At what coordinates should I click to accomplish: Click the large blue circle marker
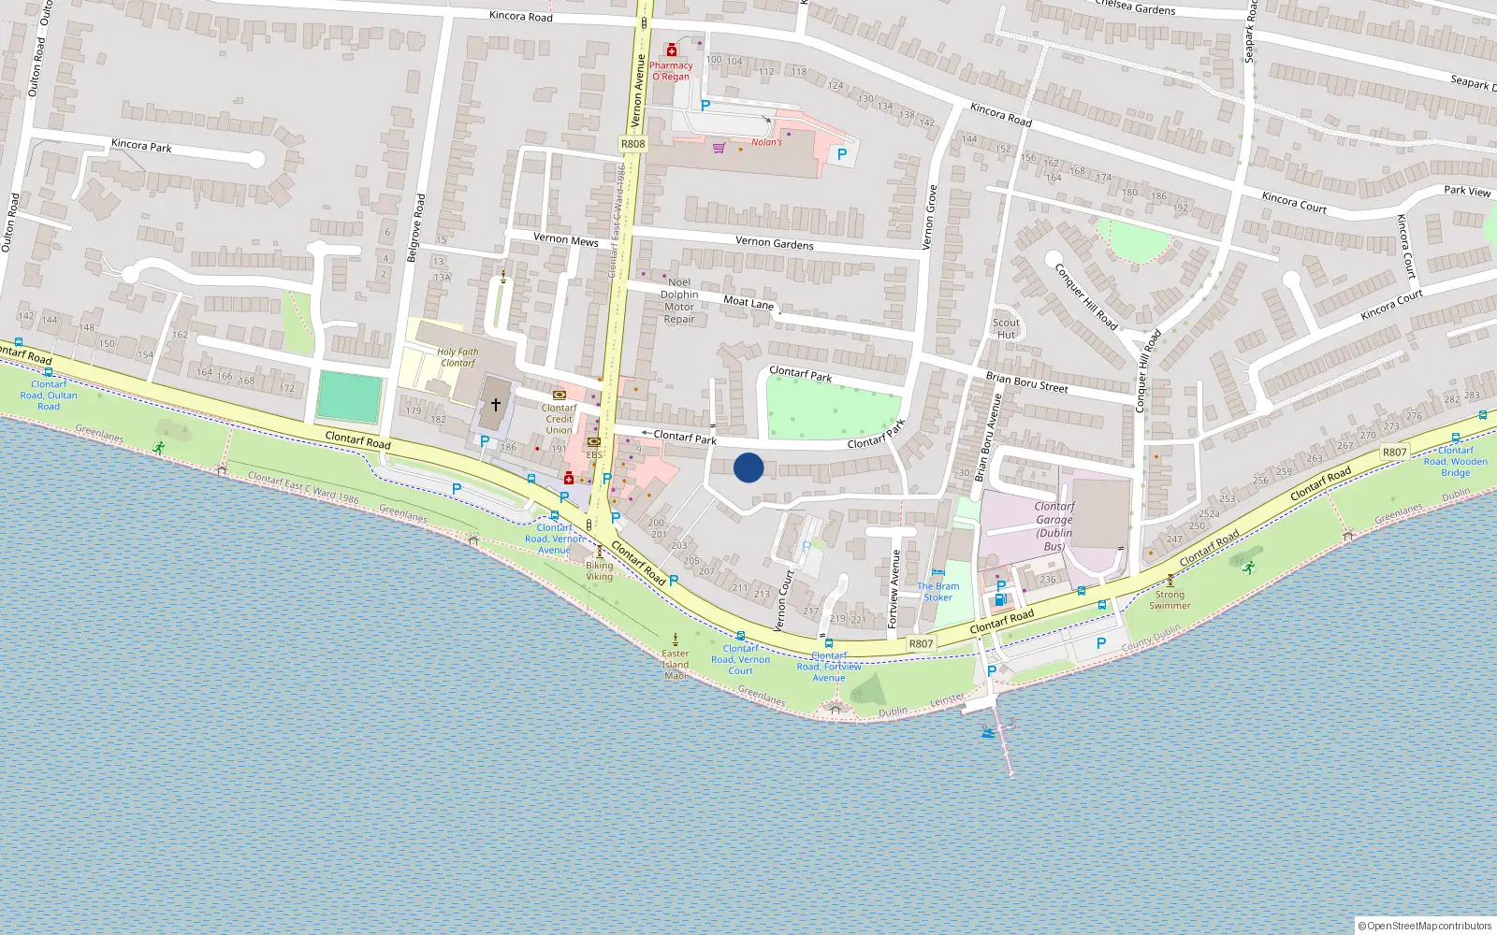coord(748,467)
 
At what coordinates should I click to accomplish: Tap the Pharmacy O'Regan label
coord(671,71)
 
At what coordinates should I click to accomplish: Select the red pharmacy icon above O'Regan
coord(671,50)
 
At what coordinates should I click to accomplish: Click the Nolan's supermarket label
coord(766,142)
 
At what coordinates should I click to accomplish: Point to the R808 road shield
coord(633,144)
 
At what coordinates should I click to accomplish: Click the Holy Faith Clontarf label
coord(458,357)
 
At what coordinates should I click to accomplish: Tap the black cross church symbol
coord(496,405)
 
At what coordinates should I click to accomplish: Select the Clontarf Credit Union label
coord(559,419)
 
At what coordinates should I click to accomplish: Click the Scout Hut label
coord(1006,328)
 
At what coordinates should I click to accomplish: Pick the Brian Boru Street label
coord(1026,382)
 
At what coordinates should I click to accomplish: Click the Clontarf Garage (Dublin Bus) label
coord(1054,525)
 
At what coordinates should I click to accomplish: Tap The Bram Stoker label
coord(937,592)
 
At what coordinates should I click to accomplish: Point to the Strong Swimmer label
coord(1170,599)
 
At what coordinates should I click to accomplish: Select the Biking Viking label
coord(600,570)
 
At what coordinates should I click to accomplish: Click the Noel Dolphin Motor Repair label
coord(679,300)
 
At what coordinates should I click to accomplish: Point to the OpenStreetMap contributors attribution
coord(1425,926)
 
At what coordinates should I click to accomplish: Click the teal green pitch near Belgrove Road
coord(349,397)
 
